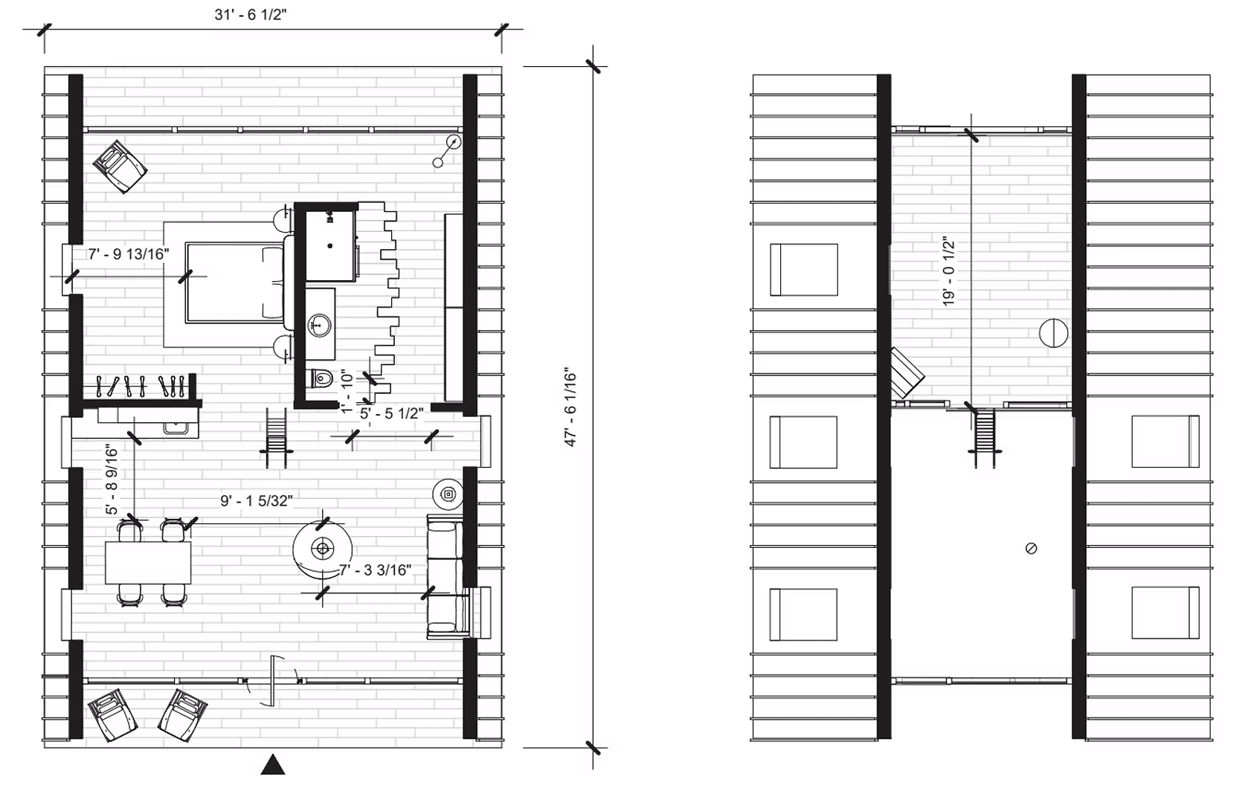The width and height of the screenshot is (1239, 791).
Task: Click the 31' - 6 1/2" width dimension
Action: click(250, 16)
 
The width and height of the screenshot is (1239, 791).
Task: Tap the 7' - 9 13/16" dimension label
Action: click(128, 254)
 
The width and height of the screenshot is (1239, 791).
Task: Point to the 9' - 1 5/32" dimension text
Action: click(256, 502)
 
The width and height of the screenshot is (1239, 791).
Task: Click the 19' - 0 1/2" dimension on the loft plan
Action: click(948, 272)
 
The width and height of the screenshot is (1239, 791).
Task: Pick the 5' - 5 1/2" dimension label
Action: click(392, 414)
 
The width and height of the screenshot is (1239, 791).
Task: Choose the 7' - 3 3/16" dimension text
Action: click(375, 570)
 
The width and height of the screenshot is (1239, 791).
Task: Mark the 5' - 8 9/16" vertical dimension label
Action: click(112, 480)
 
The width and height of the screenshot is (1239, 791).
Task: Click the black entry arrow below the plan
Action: click(273, 765)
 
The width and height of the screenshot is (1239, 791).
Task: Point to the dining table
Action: click(148, 563)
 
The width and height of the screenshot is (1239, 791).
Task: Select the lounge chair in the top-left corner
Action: click(120, 166)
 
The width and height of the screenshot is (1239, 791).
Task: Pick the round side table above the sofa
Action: click(448, 494)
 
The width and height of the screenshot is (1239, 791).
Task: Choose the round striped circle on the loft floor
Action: click(1053, 332)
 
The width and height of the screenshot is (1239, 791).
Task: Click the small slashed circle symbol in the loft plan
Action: click(1031, 549)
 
